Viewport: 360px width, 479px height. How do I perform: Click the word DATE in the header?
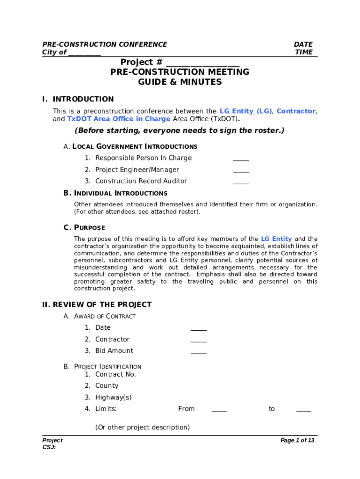pos(303,44)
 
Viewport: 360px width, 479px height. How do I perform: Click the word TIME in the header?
pos(304,52)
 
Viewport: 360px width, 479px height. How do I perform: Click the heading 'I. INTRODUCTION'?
pos(78,99)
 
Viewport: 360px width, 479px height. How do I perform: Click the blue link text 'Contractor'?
pos(296,111)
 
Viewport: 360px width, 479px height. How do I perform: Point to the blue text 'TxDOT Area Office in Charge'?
pos(119,119)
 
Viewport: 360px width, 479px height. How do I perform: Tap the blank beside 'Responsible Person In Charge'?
pos(241,159)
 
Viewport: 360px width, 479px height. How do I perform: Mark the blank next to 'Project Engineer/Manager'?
pos(241,171)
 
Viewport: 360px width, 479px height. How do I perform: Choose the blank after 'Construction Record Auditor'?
pos(241,182)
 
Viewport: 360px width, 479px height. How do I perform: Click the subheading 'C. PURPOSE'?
pos(84,228)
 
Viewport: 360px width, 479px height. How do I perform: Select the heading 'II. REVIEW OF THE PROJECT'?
pos(97,305)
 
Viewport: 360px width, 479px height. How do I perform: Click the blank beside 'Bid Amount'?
pos(198,352)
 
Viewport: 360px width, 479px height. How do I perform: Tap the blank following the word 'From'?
pos(219,410)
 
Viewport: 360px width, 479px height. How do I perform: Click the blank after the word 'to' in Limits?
pos(303,410)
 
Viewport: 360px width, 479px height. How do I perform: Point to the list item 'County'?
pos(107,386)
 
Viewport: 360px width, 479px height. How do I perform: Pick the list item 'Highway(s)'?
pos(113,398)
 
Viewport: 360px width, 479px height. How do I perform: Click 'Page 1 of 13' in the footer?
pos(297,440)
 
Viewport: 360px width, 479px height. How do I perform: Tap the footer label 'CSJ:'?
pos(49,447)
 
